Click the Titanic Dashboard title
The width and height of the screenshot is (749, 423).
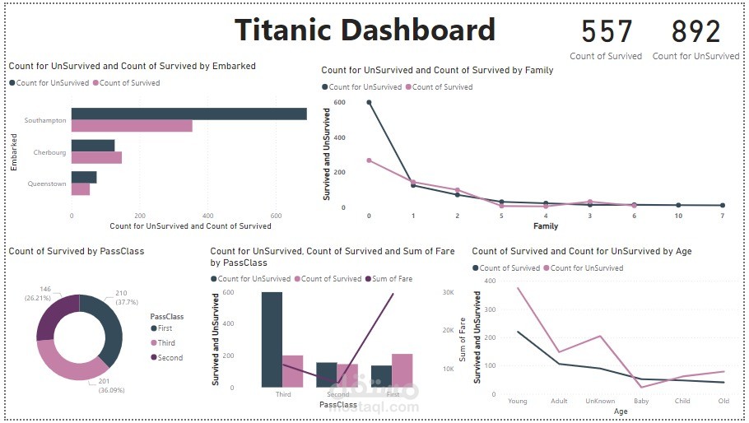365,30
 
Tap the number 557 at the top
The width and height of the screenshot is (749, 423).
607,32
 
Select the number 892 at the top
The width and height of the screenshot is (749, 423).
695,32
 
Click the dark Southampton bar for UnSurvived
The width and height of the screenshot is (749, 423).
188,114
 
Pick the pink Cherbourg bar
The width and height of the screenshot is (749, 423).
96,157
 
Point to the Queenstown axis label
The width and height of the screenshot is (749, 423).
46,184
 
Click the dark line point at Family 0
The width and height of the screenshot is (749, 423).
369,102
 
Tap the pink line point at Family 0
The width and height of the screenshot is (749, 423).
369,160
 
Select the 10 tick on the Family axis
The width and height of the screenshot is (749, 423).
678,215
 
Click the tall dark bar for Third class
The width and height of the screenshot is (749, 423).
272,339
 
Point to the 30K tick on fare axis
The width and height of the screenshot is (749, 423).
449,292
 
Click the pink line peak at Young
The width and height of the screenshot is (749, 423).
519,288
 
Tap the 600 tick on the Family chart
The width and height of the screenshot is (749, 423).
340,102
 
